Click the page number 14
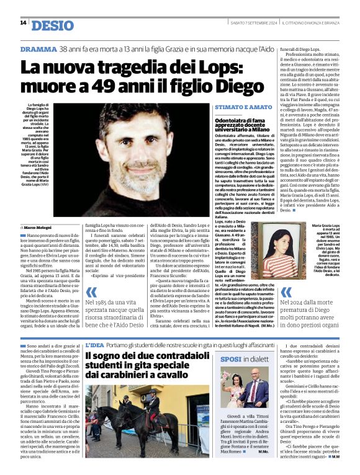pos(23,23)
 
